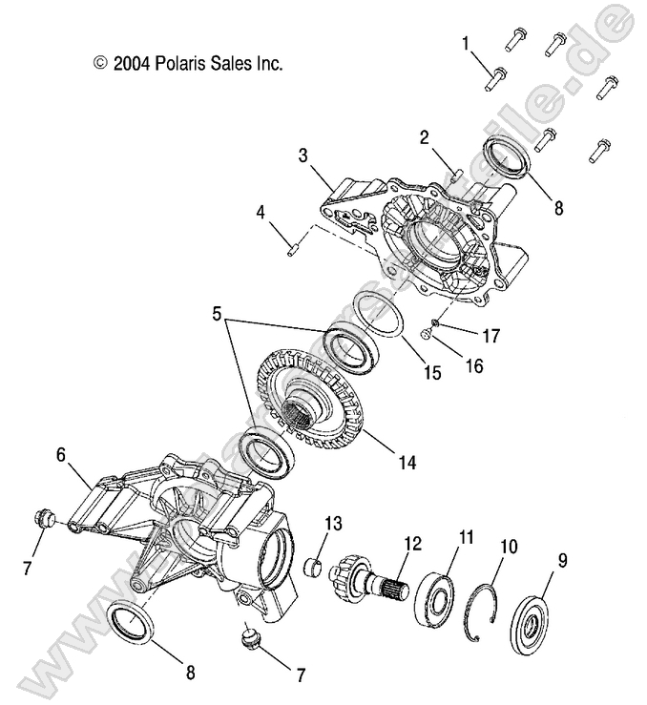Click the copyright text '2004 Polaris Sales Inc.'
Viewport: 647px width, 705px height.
coord(188,64)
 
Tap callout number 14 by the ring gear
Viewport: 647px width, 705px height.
coord(407,463)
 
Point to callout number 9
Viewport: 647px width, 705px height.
coord(562,561)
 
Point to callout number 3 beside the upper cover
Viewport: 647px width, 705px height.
coord(303,154)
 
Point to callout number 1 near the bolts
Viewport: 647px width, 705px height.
coord(466,43)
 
